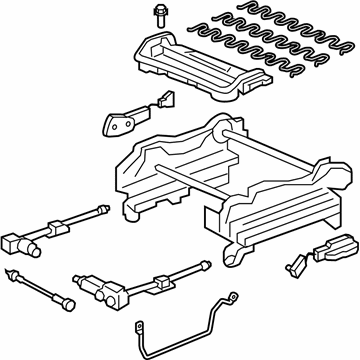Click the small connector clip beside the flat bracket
(x=161, y=100)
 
